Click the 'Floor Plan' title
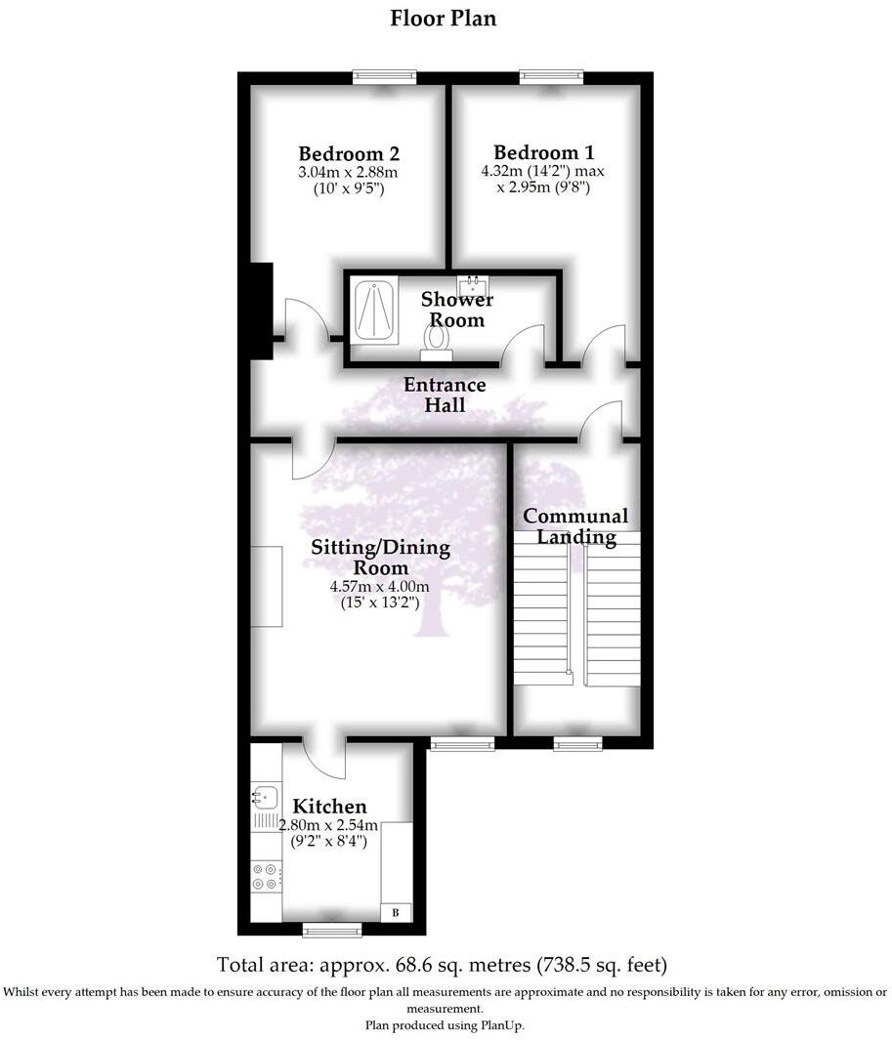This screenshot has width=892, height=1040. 444,19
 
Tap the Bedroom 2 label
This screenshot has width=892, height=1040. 349,153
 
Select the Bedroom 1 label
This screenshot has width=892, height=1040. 543,152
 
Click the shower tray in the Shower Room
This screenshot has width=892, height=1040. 373,311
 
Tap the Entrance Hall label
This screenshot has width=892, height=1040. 445,395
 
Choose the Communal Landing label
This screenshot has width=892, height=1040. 575,525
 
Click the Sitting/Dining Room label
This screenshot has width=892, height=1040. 381,557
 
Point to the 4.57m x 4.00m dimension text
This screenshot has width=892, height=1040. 380,587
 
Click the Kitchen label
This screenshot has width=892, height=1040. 330,807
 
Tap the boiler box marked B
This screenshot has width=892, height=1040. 396,912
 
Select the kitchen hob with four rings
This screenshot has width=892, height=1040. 265,876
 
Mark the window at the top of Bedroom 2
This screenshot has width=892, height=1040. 385,74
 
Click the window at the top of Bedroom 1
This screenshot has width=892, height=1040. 552,74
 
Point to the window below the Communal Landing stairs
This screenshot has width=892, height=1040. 578,744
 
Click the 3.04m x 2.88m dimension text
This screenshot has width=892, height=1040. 349,173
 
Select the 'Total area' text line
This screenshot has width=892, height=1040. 443,965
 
